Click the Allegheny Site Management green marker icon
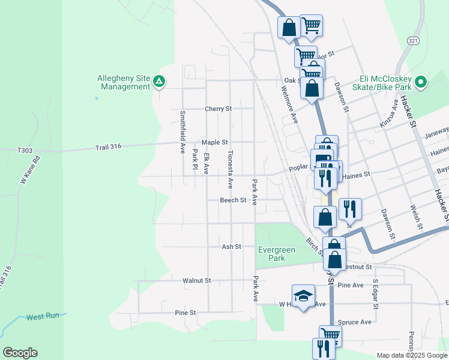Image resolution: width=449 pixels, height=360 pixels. point(159,81)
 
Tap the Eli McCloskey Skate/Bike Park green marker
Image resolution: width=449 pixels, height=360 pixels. point(421,82)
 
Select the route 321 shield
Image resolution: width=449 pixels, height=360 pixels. point(412,40)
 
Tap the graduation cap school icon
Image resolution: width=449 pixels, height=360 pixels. point(303,296)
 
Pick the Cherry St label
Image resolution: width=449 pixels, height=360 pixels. point(218,109)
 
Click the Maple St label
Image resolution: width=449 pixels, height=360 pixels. point(215,142)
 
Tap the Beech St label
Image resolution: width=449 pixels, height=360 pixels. point(233,200)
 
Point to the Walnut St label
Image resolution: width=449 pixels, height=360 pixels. point(197,280)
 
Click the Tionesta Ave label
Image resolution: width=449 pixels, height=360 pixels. point(230,167)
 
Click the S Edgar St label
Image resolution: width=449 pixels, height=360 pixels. point(376,293)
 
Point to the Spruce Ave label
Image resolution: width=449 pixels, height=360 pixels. point(354,322)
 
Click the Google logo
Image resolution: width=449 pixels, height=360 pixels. point(20,353)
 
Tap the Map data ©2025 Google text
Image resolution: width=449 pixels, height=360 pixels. point(411,355)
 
